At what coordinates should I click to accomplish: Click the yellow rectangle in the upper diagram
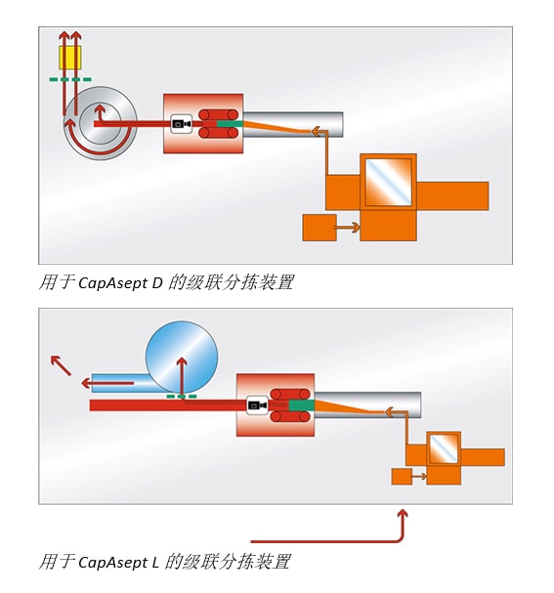70,58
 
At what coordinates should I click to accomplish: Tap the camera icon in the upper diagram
181,124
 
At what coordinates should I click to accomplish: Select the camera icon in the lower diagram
257,405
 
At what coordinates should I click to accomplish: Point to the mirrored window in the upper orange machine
388,183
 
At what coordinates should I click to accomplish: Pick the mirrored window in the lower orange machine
444,448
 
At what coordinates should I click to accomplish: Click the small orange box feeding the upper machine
320,228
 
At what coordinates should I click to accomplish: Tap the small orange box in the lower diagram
402,477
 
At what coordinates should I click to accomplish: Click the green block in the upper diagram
230,124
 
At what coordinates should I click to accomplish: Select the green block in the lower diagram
302,405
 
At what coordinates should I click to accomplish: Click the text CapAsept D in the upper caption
120,283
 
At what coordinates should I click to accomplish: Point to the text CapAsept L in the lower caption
118,562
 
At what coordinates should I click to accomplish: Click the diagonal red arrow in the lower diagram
61,365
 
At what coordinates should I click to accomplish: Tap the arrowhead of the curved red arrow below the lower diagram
404,514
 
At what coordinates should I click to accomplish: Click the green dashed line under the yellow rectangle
70,80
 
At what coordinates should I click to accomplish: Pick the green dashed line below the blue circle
182,397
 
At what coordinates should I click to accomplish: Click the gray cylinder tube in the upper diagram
293,124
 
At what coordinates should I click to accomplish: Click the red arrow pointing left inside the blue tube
107,384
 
